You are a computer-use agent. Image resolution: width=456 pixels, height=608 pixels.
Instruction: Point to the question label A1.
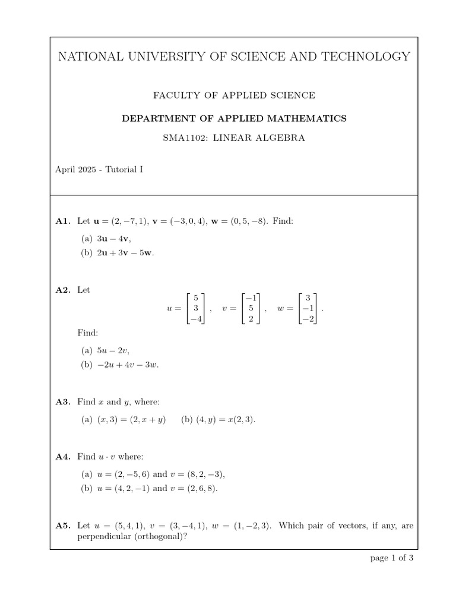(63, 221)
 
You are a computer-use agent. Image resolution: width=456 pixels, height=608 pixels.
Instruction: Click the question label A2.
(63, 290)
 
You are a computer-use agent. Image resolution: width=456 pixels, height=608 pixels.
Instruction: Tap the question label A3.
(63, 402)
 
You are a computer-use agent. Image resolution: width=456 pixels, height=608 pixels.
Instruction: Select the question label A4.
(63, 457)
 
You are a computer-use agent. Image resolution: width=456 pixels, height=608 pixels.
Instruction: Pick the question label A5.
(63, 525)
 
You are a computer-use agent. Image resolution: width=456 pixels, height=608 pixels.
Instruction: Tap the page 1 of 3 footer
(391, 558)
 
